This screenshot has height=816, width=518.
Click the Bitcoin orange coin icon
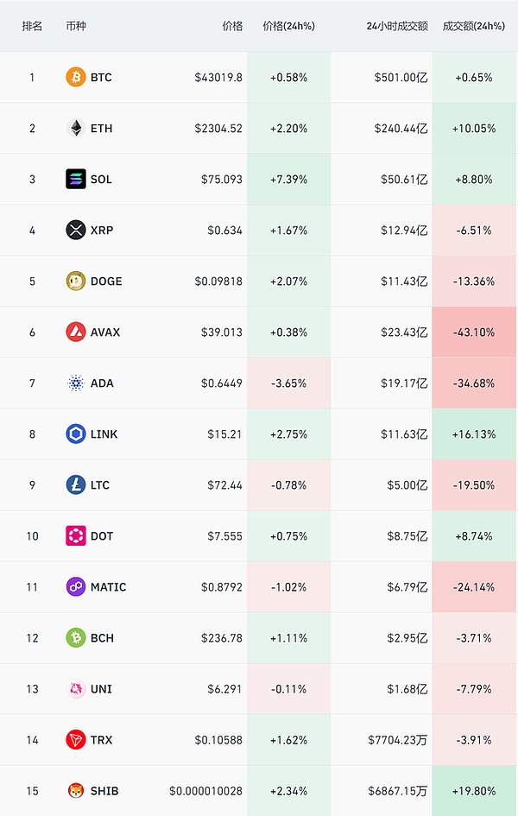[76, 78]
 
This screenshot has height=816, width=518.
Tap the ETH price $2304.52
[219, 129]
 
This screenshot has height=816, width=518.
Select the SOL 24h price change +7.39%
[288, 180]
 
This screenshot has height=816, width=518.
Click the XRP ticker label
[102, 231]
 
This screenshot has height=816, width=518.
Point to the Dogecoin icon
[76, 281]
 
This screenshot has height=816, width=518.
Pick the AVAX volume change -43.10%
[473, 332]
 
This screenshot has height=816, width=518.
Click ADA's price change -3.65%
[288, 383]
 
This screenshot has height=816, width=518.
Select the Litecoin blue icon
[76, 485]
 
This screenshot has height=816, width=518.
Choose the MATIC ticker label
[108, 587]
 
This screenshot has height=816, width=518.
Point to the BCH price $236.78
[222, 638]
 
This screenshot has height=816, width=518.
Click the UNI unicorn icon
[76, 689]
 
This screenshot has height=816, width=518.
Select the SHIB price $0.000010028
[206, 791]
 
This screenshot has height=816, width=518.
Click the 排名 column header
[33, 26]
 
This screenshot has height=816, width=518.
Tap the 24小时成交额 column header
[397, 26]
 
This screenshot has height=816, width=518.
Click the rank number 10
[33, 536]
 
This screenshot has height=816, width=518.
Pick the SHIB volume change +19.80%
[473, 791]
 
